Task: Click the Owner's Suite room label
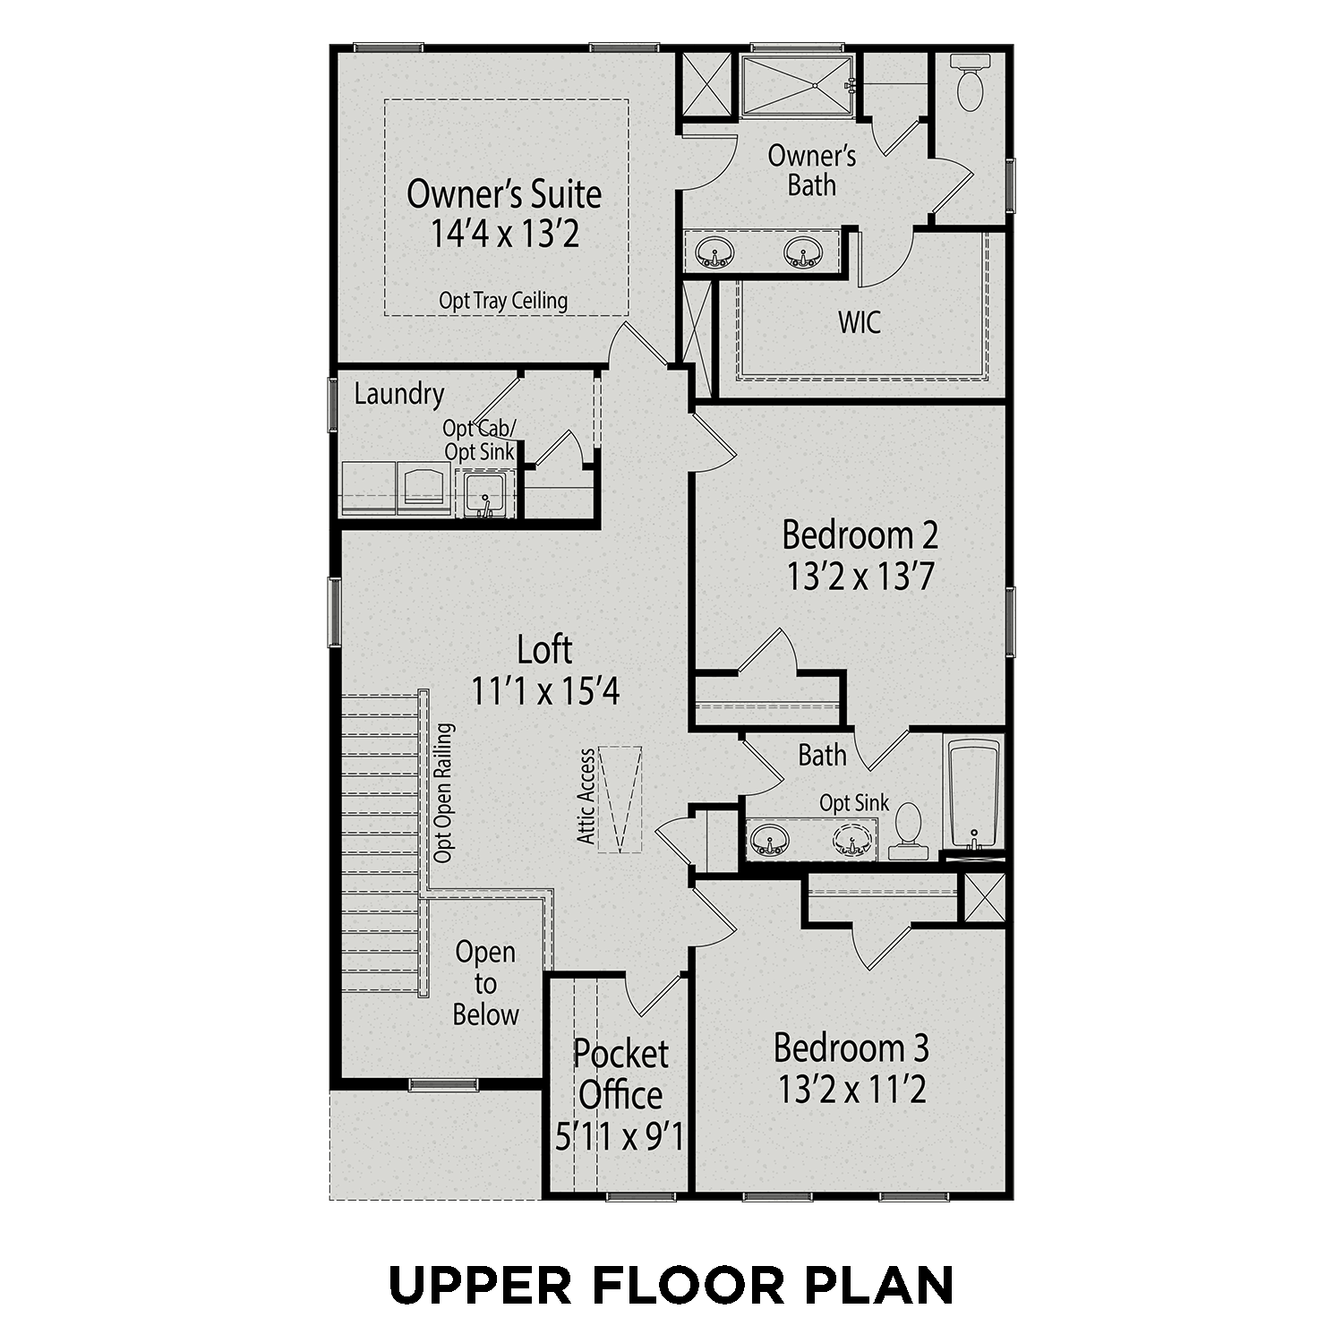tap(504, 193)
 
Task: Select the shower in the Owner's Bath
tap(796, 86)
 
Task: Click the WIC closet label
tap(860, 322)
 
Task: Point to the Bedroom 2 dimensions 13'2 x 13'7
tap(860, 577)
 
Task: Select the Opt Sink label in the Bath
tap(854, 803)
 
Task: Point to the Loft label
tap(544, 649)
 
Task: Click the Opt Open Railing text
tap(443, 793)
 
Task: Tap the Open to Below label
tap(485, 983)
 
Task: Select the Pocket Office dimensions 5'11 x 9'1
tap(620, 1137)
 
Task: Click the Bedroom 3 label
tap(851, 1047)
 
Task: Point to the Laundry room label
tap(399, 394)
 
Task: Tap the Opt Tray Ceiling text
tap(503, 301)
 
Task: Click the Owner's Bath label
tap(812, 170)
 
